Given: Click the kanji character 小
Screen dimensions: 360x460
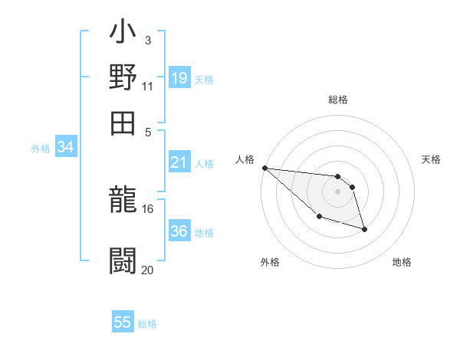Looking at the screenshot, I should (123, 34).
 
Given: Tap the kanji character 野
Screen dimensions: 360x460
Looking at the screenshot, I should (123, 79).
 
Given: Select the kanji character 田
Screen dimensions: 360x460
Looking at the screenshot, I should (123, 123).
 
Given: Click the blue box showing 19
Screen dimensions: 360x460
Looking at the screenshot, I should (179, 78).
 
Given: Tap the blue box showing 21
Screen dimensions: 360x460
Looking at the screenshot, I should (179, 162).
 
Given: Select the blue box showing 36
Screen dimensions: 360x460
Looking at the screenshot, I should (179, 231).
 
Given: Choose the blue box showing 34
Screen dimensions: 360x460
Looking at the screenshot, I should (65, 148).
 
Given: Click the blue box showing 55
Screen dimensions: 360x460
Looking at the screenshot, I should (123, 322).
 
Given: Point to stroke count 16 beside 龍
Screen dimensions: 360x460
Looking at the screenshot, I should (148, 208).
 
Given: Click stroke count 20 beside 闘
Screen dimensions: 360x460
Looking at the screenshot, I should (148, 270).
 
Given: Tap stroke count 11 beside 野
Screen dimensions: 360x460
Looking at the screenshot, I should (148, 86).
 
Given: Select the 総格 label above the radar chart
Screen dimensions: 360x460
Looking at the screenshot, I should (337, 100).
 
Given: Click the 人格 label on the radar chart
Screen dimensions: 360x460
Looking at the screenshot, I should (245, 159).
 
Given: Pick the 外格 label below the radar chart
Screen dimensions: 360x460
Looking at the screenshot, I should (270, 262).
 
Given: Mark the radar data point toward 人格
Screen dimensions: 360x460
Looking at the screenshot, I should (264, 168).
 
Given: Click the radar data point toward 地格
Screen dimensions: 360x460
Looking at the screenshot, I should (364, 229).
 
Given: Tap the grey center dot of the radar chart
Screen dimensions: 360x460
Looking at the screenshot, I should (337, 191).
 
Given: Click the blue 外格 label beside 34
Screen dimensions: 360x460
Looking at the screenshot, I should (40, 149).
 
